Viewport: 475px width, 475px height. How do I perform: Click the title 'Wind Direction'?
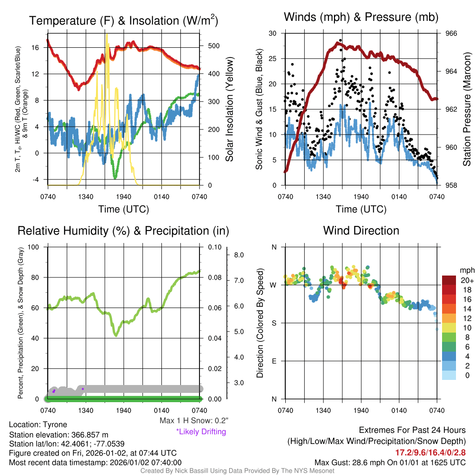(x=361, y=231)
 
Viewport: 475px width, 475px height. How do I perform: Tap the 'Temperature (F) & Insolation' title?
(x=123, y=21)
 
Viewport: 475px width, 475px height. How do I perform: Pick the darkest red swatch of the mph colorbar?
(x=449, y=281)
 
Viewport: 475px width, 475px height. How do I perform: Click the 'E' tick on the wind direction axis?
(x=274, y=361)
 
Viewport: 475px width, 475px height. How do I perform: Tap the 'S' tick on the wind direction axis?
(x=274, y=323)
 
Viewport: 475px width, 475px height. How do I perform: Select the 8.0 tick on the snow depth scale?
(x=239, y=255)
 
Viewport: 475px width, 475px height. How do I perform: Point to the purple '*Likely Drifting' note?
(x=201, y=432)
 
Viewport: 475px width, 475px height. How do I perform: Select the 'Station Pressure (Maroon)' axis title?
(x=467, y=109)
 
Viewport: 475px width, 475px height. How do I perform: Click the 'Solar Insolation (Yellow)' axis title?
(x=229, y=109)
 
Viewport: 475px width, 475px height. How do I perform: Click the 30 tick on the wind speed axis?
(x=273, y=33)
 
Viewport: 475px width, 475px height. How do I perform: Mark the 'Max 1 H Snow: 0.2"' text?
(x=193, y=421)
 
